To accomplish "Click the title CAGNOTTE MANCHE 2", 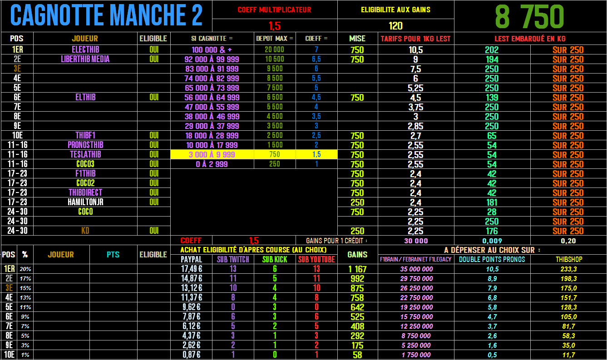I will click(x=106, y=16).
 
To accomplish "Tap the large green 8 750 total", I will click(x=529, y=17).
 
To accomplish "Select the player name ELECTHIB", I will click(x=85, y=49).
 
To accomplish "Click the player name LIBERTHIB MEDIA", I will click(x=85, y=59).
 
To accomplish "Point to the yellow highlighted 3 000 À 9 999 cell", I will click(x=212, y=154).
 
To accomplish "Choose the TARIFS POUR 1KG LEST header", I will click(x=415, y=39).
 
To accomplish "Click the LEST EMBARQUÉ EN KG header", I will click(x=530, y=39).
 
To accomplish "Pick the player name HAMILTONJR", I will click(x=85, y=202).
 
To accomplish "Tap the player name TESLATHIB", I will click(x=85, y=154).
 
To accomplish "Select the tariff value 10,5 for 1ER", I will click(x=415, y=50).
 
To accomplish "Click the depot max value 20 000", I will click(x=274, y=50).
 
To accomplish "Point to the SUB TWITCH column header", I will click(x=233, y=259).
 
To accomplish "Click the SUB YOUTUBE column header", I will click(x=316, y=259).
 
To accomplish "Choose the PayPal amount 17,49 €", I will click(x=191, y=269).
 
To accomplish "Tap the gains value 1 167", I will click(x=357, y=269).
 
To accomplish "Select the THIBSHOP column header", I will click(x=568, y=259).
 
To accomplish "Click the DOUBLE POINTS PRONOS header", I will click(x=492, y=259).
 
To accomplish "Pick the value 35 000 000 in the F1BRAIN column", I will click(x=415, y=269).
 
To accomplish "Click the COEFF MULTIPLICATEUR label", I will click(x=274, y=10).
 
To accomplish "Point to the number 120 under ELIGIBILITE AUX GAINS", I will click(x=395, y=26).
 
